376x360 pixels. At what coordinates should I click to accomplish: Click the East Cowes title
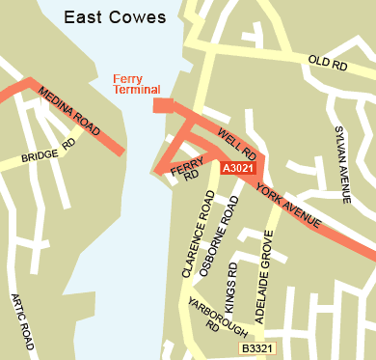(x=115, y=17)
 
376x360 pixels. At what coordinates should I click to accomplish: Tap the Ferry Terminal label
(x=136, y=85)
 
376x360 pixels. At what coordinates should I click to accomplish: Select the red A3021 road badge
(x=237, y=169)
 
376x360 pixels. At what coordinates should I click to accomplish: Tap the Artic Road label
(x=23, y=322)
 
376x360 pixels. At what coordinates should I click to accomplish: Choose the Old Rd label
(x=326, y=62)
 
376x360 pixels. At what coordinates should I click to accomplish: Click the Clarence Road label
(x=197, y=234)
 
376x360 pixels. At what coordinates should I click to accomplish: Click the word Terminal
(x=136, y=91)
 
